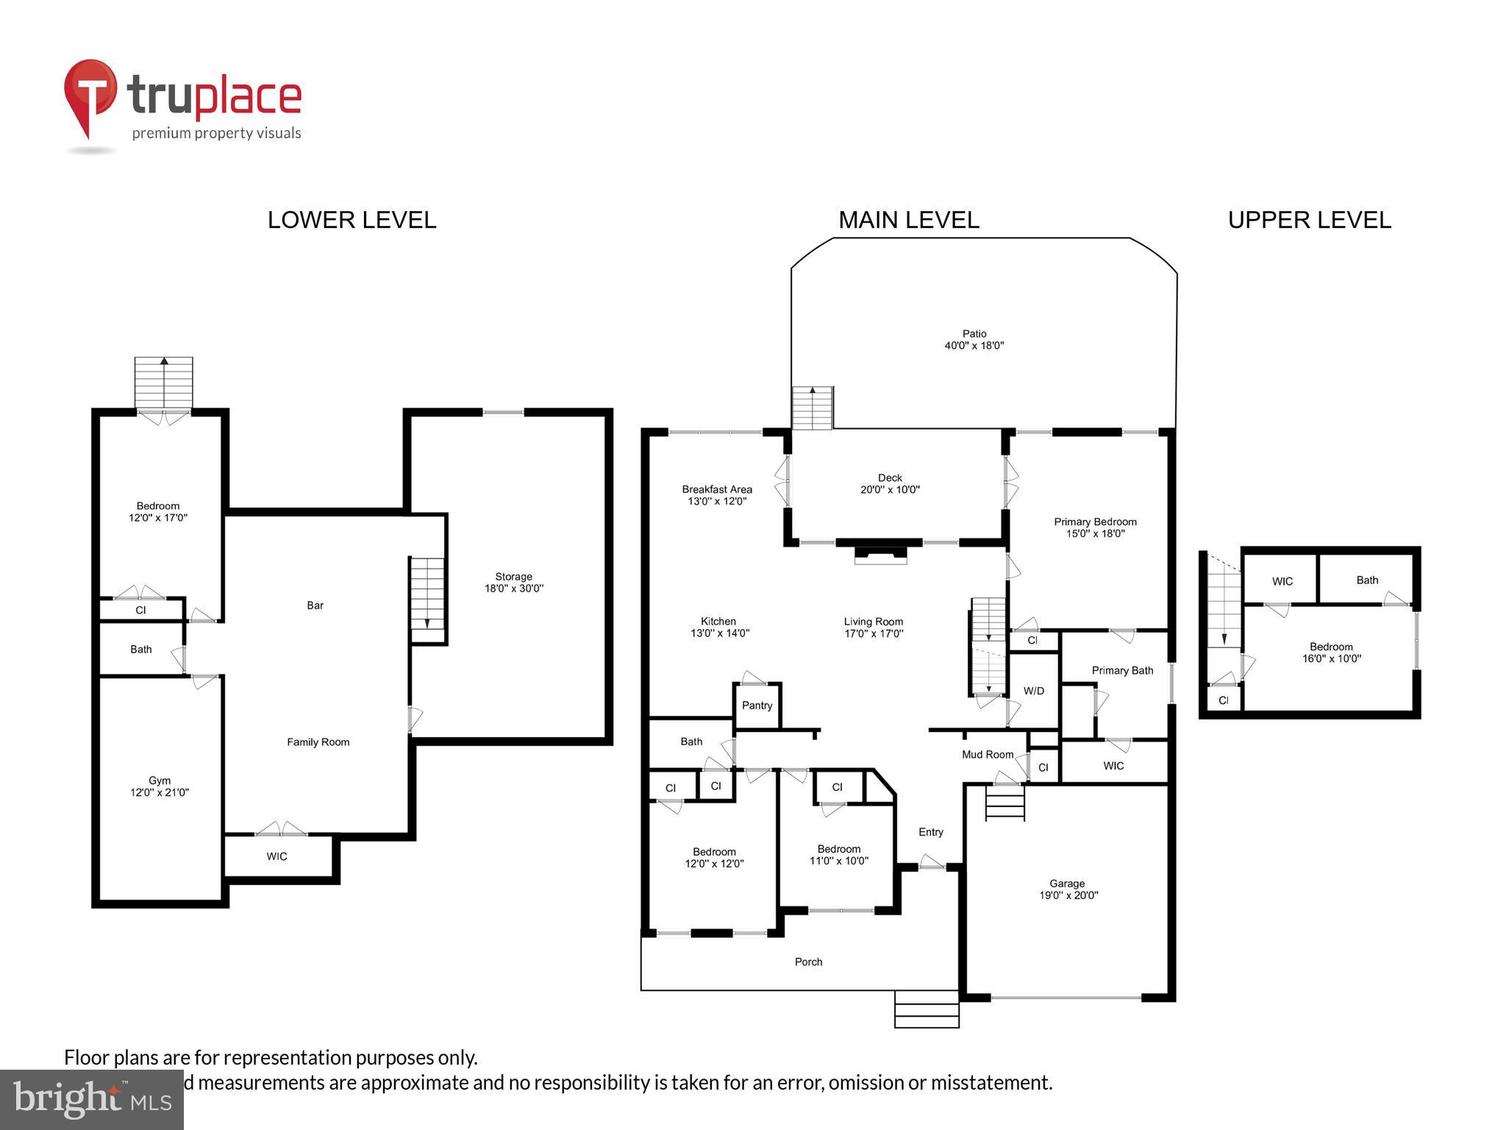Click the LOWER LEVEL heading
click(x=351, y=220)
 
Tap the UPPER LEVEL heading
click(x=1309, y=220)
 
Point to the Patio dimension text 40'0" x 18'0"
click(x=974, y=346)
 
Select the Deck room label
click(x=890, y=478)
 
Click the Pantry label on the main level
click(x=757, y=706)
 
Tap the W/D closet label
click(x=1033, y=691)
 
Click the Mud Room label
click(x=988, y=755)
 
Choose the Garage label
click(x=1067, y=884)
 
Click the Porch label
click(x=808, y=962)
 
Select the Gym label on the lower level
click(x=160, y=781)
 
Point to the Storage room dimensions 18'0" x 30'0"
click(x=513, y=589)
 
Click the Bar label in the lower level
click(x=315, y=605)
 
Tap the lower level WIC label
click(x=276, y=856)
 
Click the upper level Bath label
click(x=1367, y=580)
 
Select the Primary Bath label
click(x=1122, y=670)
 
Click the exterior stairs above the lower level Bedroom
click(x=163, y=383)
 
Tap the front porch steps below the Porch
click(x=927, y=1009)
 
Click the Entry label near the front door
click(x=930, y=832)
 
